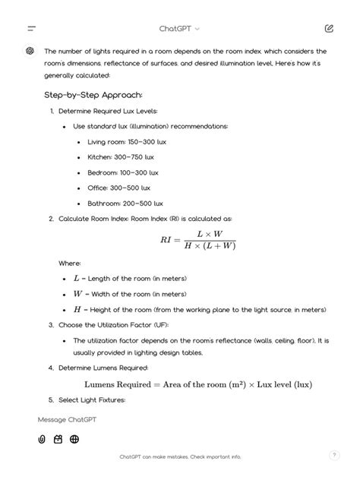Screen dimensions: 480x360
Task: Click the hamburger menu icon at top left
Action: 31,28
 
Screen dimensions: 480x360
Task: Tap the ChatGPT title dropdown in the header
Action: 180,28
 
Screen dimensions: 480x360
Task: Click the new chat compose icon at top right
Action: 328,28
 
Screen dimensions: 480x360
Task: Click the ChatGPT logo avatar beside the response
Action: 30,51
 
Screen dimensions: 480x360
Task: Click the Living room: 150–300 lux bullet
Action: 128,141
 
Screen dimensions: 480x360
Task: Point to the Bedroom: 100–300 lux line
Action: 123,172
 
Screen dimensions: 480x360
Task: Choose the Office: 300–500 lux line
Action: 119,188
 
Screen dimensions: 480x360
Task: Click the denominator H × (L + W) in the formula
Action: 210,246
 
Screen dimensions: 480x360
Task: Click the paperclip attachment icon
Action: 42,439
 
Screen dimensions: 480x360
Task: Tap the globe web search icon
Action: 74,439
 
